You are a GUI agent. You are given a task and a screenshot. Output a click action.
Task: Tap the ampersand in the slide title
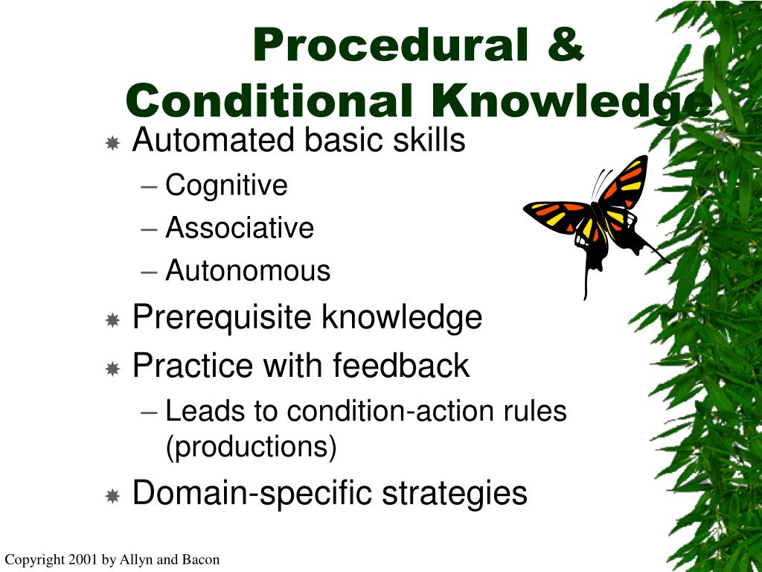[564, 45]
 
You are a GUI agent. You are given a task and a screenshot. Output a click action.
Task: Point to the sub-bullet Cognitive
[226, 185]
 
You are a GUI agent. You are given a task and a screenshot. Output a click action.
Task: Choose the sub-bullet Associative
[240, 228]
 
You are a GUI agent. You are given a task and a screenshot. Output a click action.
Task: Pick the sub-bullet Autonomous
[248, 270]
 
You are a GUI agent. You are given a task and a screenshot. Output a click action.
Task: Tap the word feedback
[401, 366]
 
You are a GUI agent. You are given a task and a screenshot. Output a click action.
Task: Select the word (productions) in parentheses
[252, 447]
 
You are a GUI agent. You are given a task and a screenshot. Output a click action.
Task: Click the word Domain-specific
[253, 493]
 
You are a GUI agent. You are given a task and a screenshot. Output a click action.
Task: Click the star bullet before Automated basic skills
[113, 142]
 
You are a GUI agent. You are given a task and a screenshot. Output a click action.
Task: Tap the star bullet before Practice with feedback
[113, 368]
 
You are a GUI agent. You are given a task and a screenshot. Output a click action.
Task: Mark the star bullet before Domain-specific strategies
[113, 495]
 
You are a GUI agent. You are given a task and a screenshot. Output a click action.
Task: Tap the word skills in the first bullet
[432, 140]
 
